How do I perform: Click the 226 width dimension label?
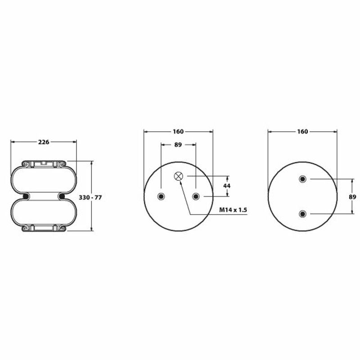44,142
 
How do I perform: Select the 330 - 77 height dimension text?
90,198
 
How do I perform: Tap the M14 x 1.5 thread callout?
233,210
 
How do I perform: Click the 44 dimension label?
227,186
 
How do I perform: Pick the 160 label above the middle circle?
178,131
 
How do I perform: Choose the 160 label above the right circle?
302,131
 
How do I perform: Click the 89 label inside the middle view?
178,144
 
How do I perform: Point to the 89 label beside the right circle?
352,197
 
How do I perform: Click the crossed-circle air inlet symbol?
178,176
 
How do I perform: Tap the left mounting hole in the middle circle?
161,196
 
